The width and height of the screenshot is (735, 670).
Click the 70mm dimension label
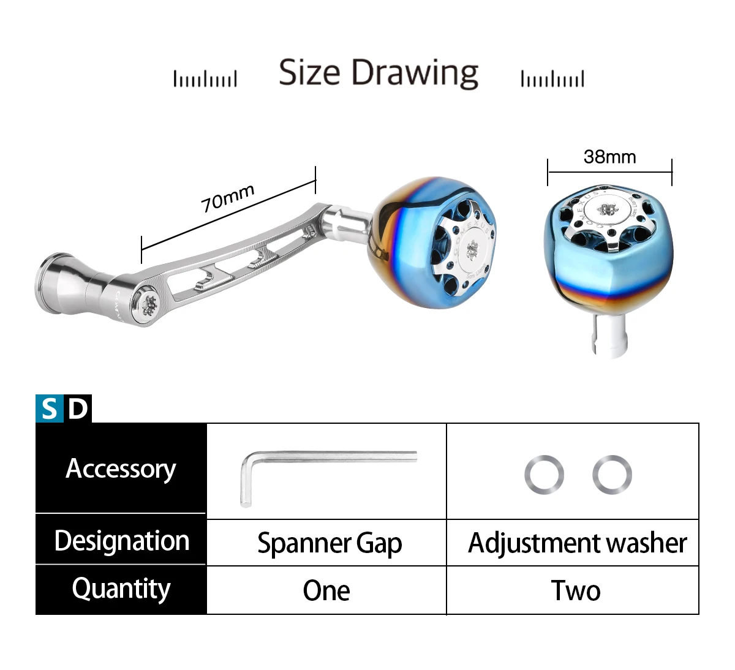coord(227,198)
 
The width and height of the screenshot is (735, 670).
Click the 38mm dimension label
coord(609,157)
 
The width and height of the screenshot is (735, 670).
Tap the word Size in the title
coord(309,72)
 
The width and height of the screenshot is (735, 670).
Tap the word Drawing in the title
coord(415,73)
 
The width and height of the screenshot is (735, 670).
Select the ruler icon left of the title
coord(205,79)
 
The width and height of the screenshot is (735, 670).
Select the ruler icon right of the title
coord(552,79)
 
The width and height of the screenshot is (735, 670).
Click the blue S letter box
coord(50,408)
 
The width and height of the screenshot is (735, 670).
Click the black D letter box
coord(78,408)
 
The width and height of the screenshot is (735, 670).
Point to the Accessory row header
coord(121,469)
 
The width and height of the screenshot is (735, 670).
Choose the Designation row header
coord(121,541)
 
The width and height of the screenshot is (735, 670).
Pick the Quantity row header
coord(121,589)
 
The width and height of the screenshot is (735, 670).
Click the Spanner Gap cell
coord(329,543)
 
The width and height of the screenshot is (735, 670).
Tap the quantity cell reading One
coord(326,590)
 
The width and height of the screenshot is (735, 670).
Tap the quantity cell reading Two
coord(575,590)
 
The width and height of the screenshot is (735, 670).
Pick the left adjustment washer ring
coord(544,475)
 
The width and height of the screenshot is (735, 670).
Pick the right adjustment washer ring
coord(612,475)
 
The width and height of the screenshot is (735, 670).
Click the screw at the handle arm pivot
coord(149,303)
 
